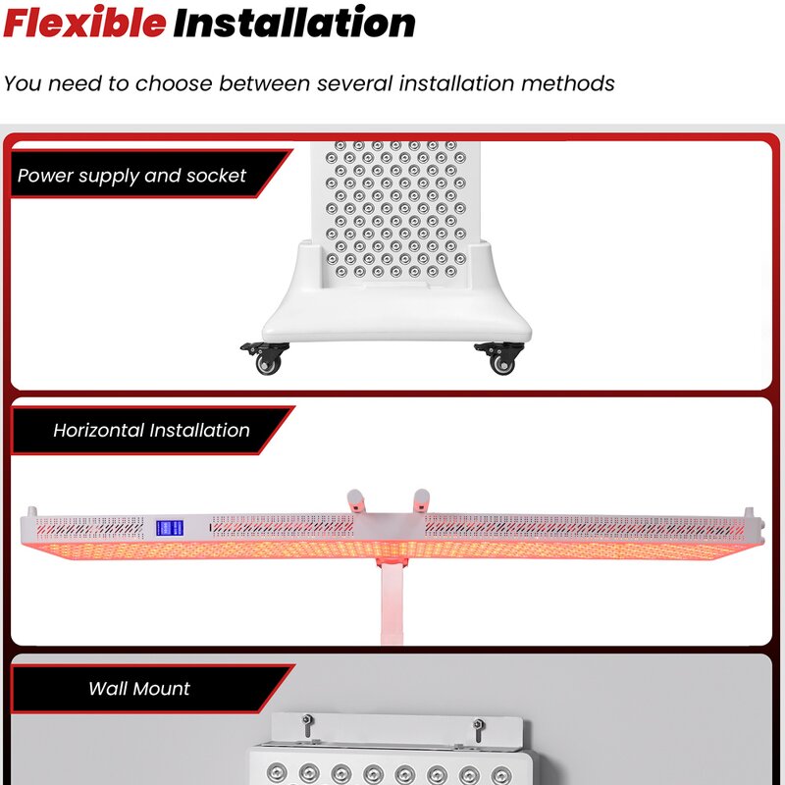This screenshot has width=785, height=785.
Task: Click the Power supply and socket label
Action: point(132,177)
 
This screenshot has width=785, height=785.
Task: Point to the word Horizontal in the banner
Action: point(98,431)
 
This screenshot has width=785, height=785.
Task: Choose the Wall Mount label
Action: point(139,689)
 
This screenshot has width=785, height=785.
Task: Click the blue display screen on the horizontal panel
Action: point(170,528)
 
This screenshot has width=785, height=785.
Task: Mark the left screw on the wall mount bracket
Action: point(307,726)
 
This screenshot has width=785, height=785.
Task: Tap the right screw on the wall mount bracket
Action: point(478,726)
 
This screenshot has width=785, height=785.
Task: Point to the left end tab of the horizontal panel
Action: point(32,513)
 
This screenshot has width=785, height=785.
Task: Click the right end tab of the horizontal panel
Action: point(749,513)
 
